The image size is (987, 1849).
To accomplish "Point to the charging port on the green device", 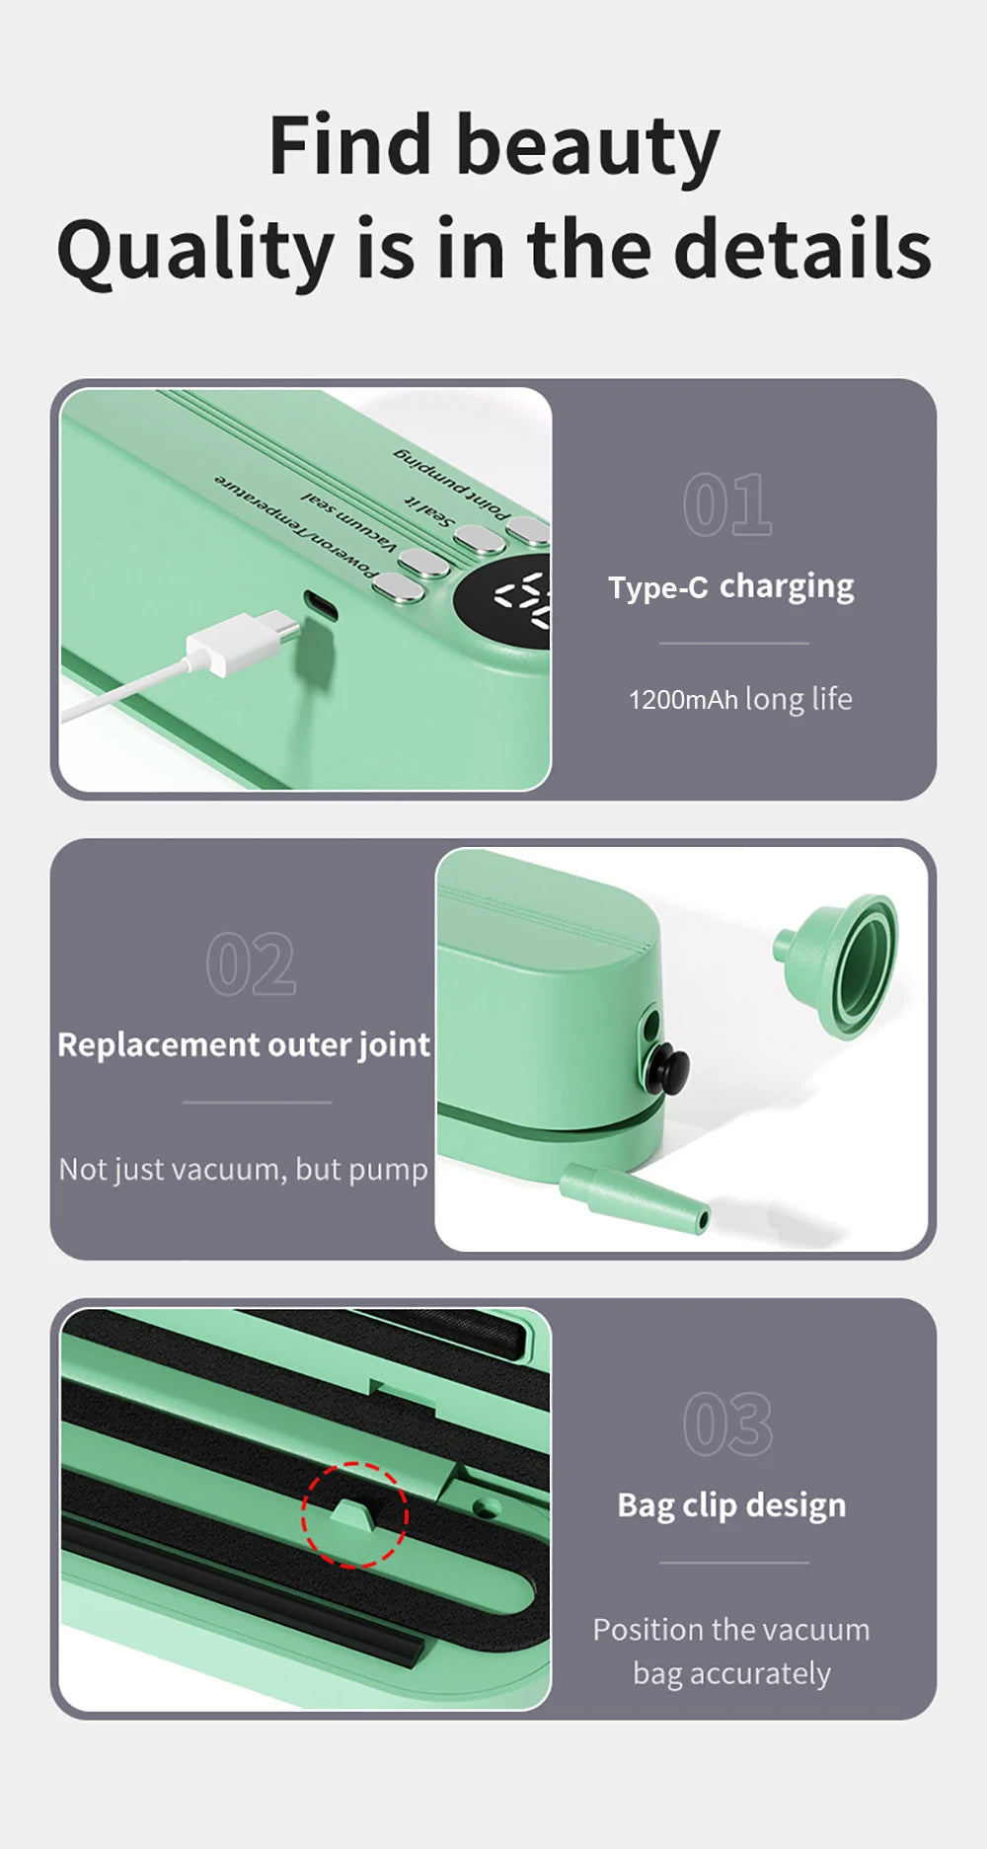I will (x=320, y=605).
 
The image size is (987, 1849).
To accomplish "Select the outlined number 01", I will (x=727, y=504).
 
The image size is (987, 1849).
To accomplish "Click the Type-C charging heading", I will (x=730, y=586).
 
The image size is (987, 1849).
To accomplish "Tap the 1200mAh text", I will (x=683, y=700).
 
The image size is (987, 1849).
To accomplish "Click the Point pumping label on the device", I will (x=452, y=484).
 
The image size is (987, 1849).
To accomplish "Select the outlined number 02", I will (x=251, y=964).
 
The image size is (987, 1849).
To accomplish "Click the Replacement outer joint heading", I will (x=244, y=1044).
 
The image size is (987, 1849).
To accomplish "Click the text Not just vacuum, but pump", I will (x=244, y=1169).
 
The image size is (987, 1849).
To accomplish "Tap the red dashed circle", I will (x=354, y=1515).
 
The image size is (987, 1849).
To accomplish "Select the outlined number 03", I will (x=727, y=1425).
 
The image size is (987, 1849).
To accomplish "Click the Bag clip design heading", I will (x=731, y=1505).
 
